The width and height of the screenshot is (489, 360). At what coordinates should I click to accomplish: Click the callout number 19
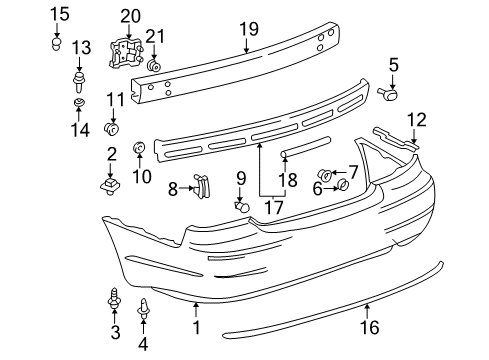click(x=248, y=29)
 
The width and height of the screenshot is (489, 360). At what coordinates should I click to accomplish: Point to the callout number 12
click(x=416, y=120)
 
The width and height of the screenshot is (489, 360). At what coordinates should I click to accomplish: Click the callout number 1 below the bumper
click(x=196, y=327)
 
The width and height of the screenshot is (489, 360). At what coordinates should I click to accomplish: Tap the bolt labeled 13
click(x=81, y=76)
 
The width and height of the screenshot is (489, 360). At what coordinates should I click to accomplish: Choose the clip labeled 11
click(x=112, y=128)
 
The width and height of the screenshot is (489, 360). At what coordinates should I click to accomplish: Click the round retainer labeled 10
click(x=140, y=150)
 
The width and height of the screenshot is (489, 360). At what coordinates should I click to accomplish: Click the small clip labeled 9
click(x=240, y=206)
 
